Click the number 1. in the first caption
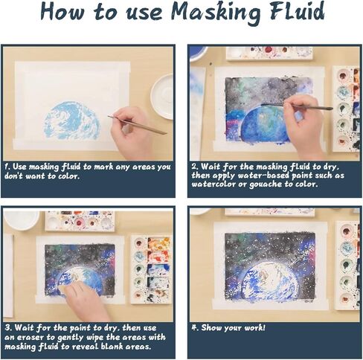pos(7,167)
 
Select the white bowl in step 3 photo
pos(20,219)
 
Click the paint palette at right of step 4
pos(347,263)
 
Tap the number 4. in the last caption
pos(195,327)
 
